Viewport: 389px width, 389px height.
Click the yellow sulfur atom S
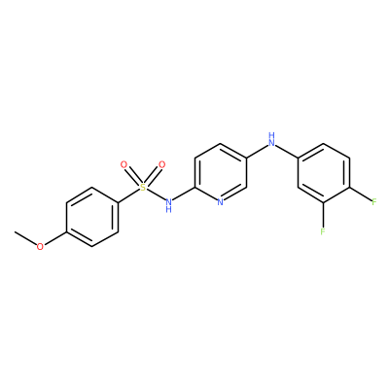(x=143, y=188)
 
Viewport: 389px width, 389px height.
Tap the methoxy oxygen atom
(x=40, y=247)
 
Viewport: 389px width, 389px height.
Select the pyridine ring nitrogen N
(x=221, y=203)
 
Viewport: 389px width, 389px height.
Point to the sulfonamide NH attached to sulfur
(x=168, y=205)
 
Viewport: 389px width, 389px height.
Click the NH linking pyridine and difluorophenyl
(x=271, y=139)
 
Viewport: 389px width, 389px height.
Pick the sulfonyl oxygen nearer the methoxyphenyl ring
(x=124, y=164)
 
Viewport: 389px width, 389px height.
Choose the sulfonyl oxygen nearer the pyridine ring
(x=161, y=164)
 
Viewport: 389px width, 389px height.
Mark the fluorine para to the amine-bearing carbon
(x=374, y=202)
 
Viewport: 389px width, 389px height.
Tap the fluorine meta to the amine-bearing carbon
(x=323, y=231)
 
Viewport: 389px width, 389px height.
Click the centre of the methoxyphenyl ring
(x=92, y=217)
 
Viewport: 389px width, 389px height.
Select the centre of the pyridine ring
(x=221, y=173)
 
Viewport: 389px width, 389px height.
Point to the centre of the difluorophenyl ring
(x=324, y=173)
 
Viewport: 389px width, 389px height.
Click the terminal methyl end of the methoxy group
(x=15, y=232)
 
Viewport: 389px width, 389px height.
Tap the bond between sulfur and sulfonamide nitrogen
(x=155, y=195)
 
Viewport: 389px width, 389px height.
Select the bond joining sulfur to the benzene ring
(x=128, y=195)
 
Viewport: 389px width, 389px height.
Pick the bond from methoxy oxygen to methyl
(x=25, y=238)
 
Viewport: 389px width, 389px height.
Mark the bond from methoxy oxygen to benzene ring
(x=54, y=238)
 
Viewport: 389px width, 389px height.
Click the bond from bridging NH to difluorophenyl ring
(x=287, y=152)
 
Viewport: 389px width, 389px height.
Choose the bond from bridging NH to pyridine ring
(x=258, y=152)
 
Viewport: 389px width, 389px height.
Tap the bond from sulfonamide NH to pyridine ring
(x=183, y=194)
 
